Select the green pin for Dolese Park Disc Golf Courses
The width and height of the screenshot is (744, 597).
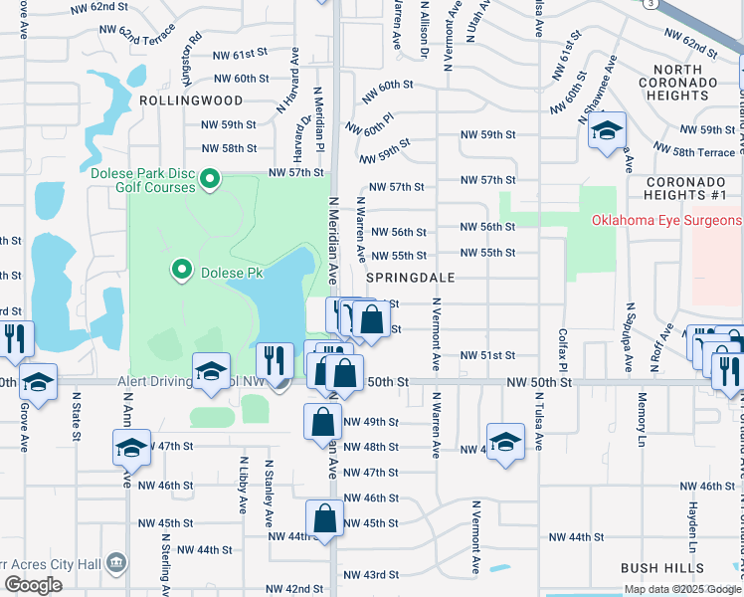[x=210, y=179]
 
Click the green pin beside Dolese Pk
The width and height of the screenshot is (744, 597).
[x=182, y=269]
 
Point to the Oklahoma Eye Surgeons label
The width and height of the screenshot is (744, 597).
[x=666, y=220]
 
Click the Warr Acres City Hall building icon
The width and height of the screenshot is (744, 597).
[x=116, y=563]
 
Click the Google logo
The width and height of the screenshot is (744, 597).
[x=33, y=585]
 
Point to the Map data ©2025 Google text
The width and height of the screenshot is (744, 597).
[x=682, y=589]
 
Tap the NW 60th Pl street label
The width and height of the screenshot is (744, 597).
[x=372, y=124]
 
